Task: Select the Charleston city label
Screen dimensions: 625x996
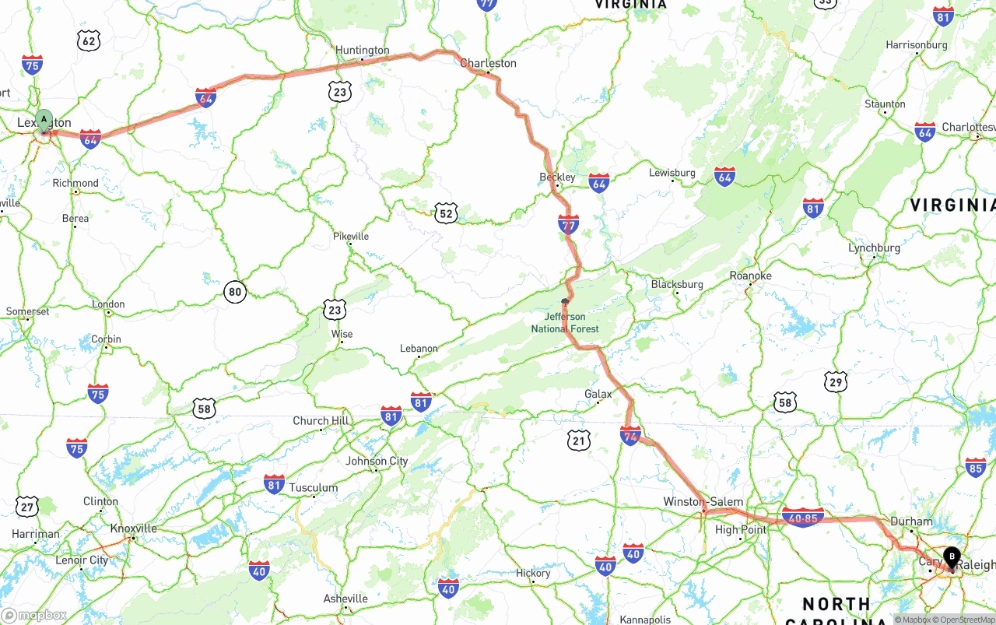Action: [x=488, y=63]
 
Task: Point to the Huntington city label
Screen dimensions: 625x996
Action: [x=362, y=51]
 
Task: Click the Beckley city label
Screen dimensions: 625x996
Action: [x=557, y=177]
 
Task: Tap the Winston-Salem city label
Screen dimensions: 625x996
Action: [x=703, y=502]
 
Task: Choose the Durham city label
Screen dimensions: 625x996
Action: [x=911, y=521]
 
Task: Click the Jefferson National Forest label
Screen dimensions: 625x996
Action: [x=565, y=322]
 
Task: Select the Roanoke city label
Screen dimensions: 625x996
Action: [x=750, y=276]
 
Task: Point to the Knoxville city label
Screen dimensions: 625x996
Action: [x=133, y=528]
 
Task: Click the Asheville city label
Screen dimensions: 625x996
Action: [x=345, y=599]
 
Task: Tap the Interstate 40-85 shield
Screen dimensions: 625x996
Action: [x=802, y=518]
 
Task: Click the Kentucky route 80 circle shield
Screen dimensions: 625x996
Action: [x=235, y=293]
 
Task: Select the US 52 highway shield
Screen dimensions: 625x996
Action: [x=445, y=213]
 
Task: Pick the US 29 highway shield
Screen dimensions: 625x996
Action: [x=835, y=381]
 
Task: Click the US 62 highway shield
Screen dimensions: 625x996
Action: [x=89, y=41]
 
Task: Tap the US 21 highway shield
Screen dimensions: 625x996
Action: [x=578, y=441]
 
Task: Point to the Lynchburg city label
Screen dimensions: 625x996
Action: [x=874, y=248]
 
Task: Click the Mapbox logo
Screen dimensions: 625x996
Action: [x=34, y=615]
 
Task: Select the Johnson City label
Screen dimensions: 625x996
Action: [x=377, y=461]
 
